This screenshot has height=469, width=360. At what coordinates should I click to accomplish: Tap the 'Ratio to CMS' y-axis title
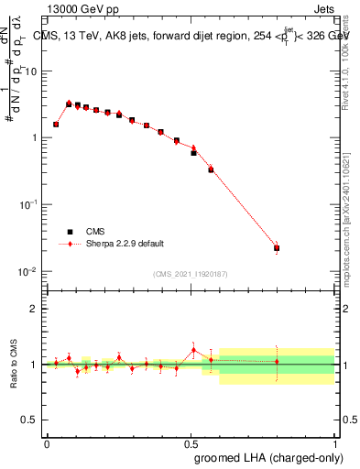13,365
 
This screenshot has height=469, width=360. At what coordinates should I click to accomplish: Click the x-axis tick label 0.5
191,442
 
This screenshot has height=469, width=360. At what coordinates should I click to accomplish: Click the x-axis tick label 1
333,442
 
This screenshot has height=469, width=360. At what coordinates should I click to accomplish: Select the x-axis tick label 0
48,442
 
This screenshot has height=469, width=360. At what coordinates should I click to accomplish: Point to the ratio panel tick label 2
35,309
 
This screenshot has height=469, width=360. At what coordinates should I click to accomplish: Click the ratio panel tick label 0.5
30,420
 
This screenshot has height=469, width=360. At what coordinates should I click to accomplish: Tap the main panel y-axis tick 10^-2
27,271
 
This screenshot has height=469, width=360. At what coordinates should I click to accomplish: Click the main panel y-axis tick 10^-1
27,204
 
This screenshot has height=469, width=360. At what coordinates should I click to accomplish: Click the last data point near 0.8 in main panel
277,248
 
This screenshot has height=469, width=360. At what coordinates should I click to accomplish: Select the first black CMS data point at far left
56,124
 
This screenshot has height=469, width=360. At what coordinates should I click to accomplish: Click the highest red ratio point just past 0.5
193,349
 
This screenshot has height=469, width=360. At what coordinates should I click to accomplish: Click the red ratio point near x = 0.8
277,362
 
